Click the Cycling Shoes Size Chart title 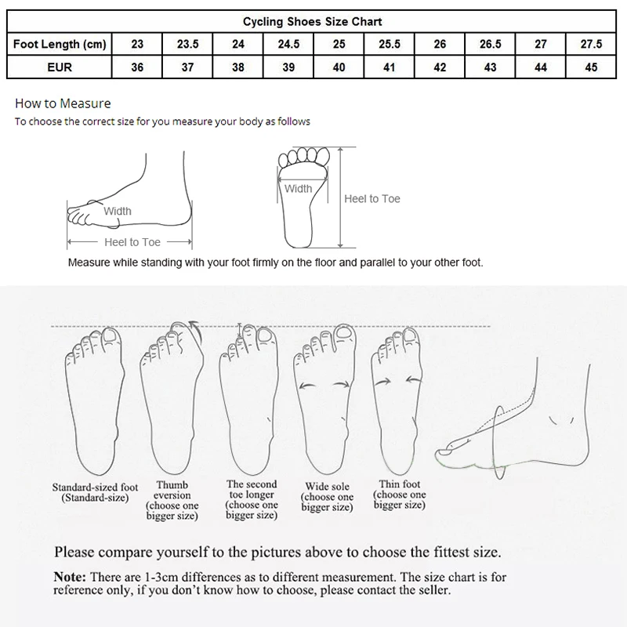point(313,22)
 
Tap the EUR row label point(60,67)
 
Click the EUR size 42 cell point(440,67)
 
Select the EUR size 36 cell point(137,67)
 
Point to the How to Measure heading point(63,103)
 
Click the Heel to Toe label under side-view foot point(132,242)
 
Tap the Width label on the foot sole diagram point(298,188)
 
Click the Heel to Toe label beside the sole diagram point(372,199)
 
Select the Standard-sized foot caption point(95,492)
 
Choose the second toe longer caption point(251,499)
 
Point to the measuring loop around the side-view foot point(498,439)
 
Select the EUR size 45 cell point(590,67)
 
